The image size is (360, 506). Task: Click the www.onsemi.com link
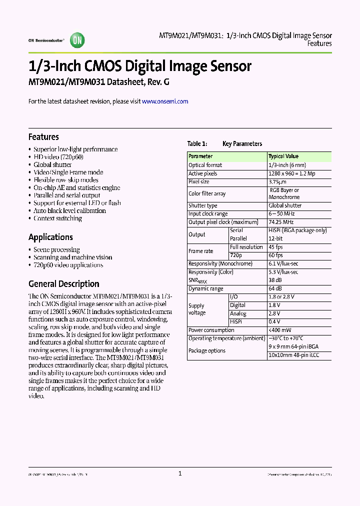point(165,101)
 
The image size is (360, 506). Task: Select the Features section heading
point(43,137)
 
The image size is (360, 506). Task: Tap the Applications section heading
point(50,237)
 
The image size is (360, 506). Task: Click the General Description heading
point(63,284)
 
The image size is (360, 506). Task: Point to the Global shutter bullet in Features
point(52,164)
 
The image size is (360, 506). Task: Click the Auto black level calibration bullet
point(69,210)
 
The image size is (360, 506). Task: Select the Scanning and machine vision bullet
point(72,257)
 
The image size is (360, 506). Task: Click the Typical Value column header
point(283,156)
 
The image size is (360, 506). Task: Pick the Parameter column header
point(200,156)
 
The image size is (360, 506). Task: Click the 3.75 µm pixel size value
point(277,182)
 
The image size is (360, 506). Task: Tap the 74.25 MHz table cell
point(281,222)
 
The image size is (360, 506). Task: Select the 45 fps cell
point(276,247)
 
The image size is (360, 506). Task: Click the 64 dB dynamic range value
point(276,288)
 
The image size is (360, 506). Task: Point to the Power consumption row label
point(211,330)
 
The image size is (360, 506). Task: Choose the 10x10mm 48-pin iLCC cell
point(293,355)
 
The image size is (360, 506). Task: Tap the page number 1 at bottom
point(180,473)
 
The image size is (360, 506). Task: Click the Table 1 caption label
point(197,144)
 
